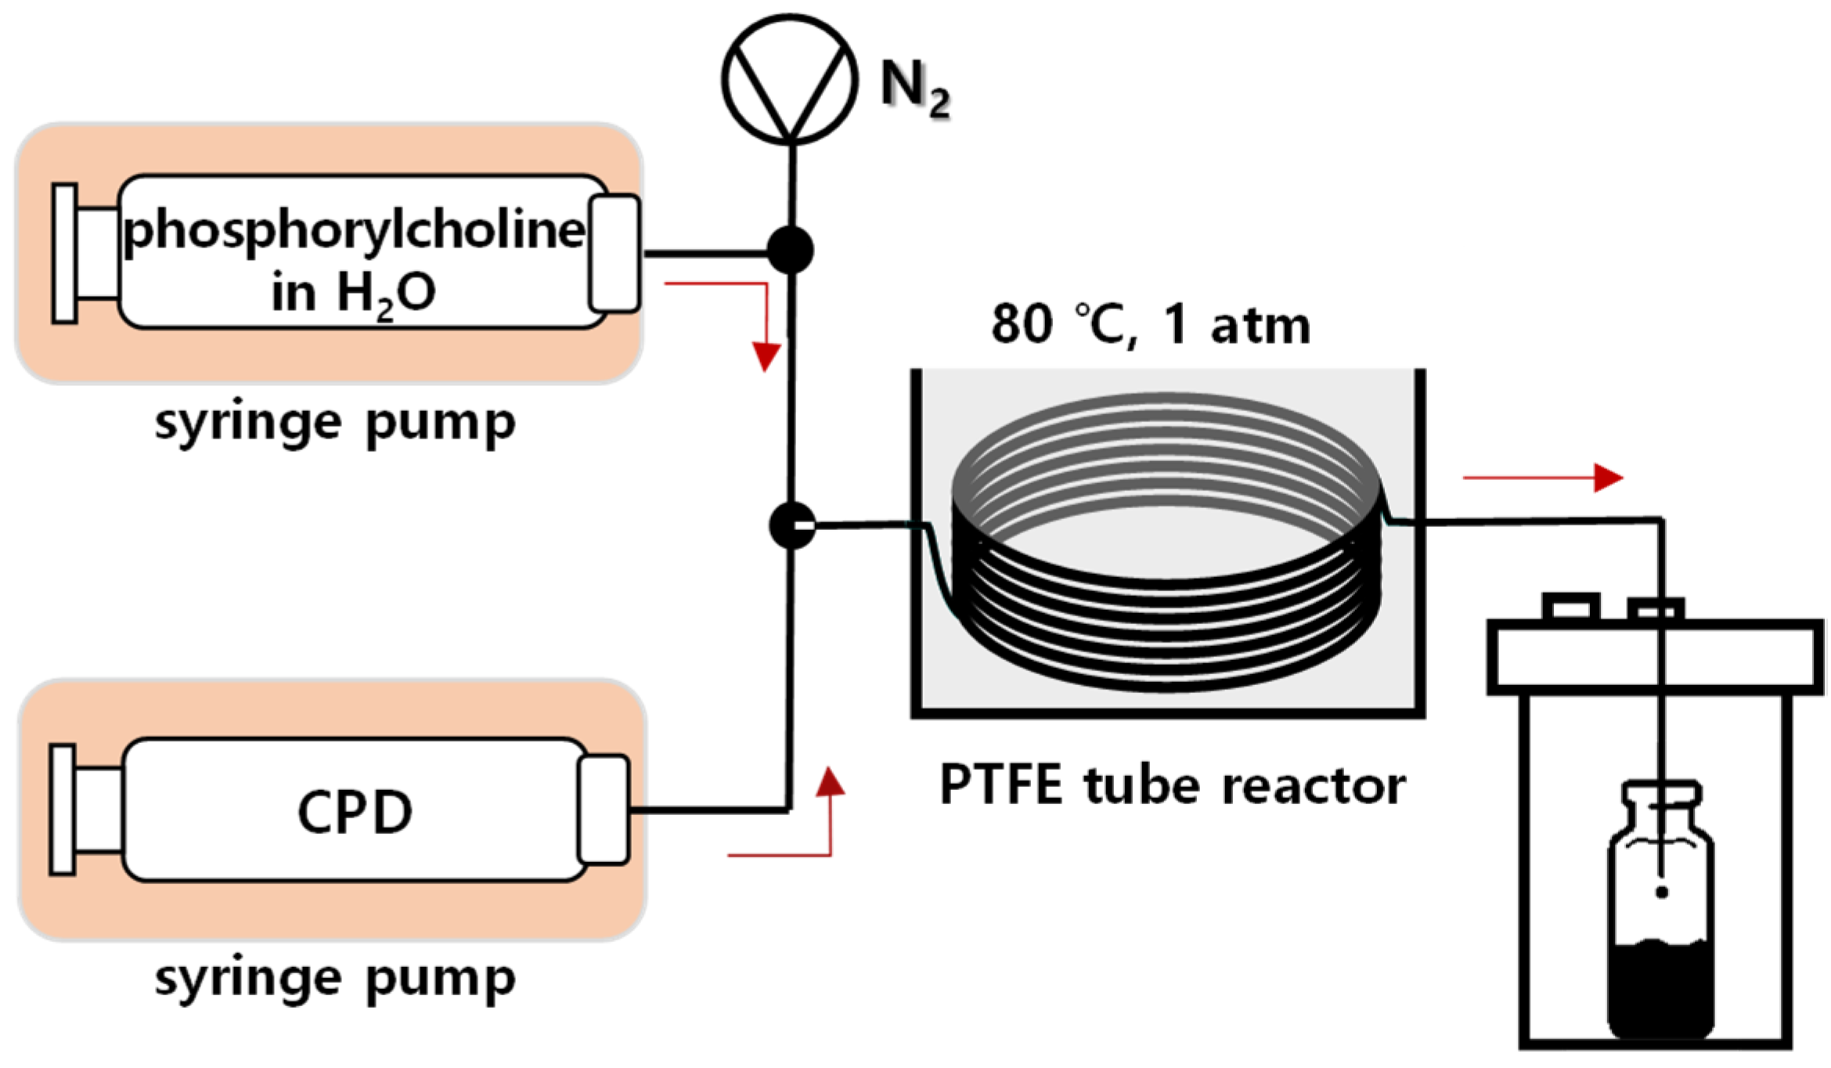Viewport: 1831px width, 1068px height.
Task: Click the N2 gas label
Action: point(914,86)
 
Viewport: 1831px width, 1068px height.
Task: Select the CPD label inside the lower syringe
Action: point(355,811)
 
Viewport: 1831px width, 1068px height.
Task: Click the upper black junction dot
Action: point(790,250)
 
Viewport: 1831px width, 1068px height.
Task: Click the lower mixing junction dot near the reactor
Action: point(791,525)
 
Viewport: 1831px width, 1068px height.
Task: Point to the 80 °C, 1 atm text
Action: point(1150,323)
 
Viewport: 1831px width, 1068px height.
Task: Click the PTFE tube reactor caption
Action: point(1172,785)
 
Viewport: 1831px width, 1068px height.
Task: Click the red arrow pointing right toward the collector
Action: point(1542,477)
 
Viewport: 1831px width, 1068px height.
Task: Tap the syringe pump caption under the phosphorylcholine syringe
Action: point(335,423)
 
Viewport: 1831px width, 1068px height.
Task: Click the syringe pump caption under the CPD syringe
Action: point(335,978)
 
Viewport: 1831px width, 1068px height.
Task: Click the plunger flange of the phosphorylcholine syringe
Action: point(64,253)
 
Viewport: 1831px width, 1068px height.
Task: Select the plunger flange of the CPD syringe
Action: point(62,809)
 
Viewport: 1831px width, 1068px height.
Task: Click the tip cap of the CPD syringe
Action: point(603,809)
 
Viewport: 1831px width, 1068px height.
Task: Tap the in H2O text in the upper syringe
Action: point(353,293)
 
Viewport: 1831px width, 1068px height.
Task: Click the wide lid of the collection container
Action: point(1654,657)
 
